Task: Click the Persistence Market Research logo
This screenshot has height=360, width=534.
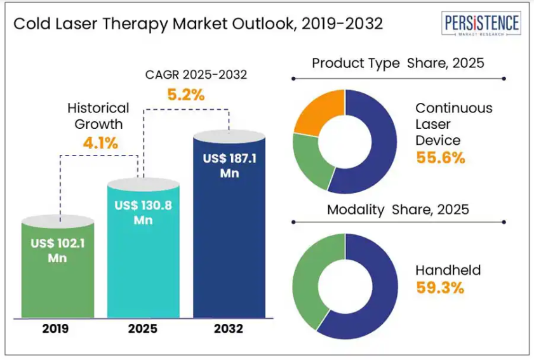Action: point(481,25)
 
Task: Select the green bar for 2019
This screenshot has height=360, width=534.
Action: point(58,279)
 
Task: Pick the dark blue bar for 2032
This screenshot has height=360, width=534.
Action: point(229,241)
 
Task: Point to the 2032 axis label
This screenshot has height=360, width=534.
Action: point(229,329)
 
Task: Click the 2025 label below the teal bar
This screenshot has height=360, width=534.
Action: point(144,329)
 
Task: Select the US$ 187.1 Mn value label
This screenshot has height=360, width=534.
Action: point(229,165)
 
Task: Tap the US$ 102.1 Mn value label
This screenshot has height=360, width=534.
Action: point(58,250)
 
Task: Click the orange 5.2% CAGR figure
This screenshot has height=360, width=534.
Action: point(186,95)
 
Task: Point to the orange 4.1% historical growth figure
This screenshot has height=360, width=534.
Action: point(100,143)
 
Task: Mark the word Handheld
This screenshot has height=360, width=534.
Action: point(448,270)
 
